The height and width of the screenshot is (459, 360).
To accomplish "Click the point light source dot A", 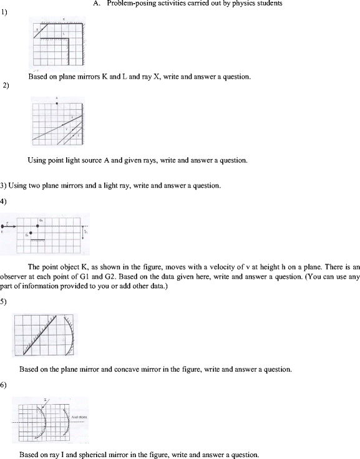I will click(57, 102).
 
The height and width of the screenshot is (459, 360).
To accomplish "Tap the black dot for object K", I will click(4, 226).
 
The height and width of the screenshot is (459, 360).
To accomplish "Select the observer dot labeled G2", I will click(39, 226).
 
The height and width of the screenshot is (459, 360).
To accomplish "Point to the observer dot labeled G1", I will click(32, 234).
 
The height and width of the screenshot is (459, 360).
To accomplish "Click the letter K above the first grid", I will click(63, 19).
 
